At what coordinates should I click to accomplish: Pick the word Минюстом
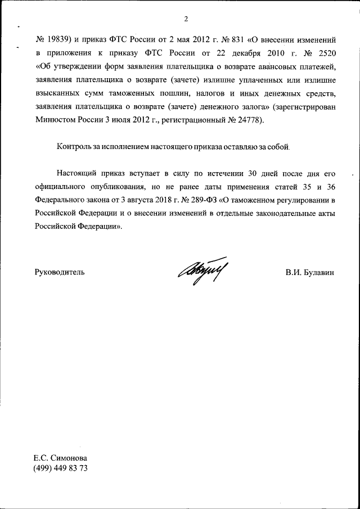pyautogui.click(x=55, y=119)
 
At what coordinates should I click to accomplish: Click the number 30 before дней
pyautogui.click(x=254, y=173)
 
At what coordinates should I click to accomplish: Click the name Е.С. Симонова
pyautogui.click(x=61, y=458)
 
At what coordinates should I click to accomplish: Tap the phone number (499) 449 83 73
pyautogui.click(x=61, y=469)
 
